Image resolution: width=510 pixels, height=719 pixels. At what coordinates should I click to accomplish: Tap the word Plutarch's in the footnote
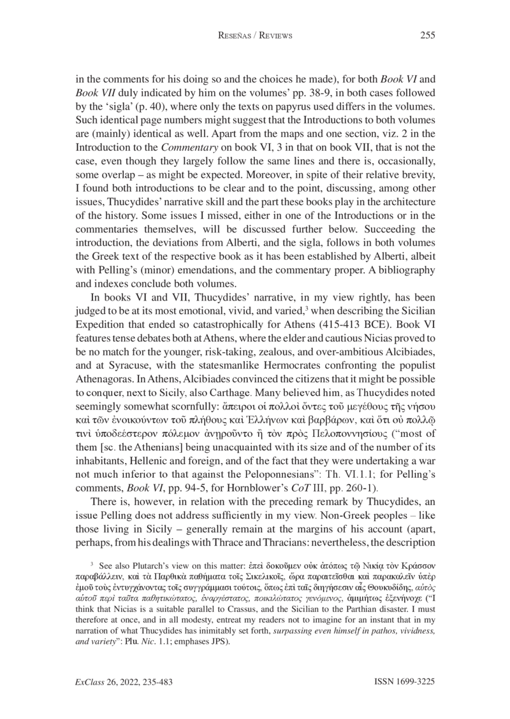(x=150, y=581)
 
